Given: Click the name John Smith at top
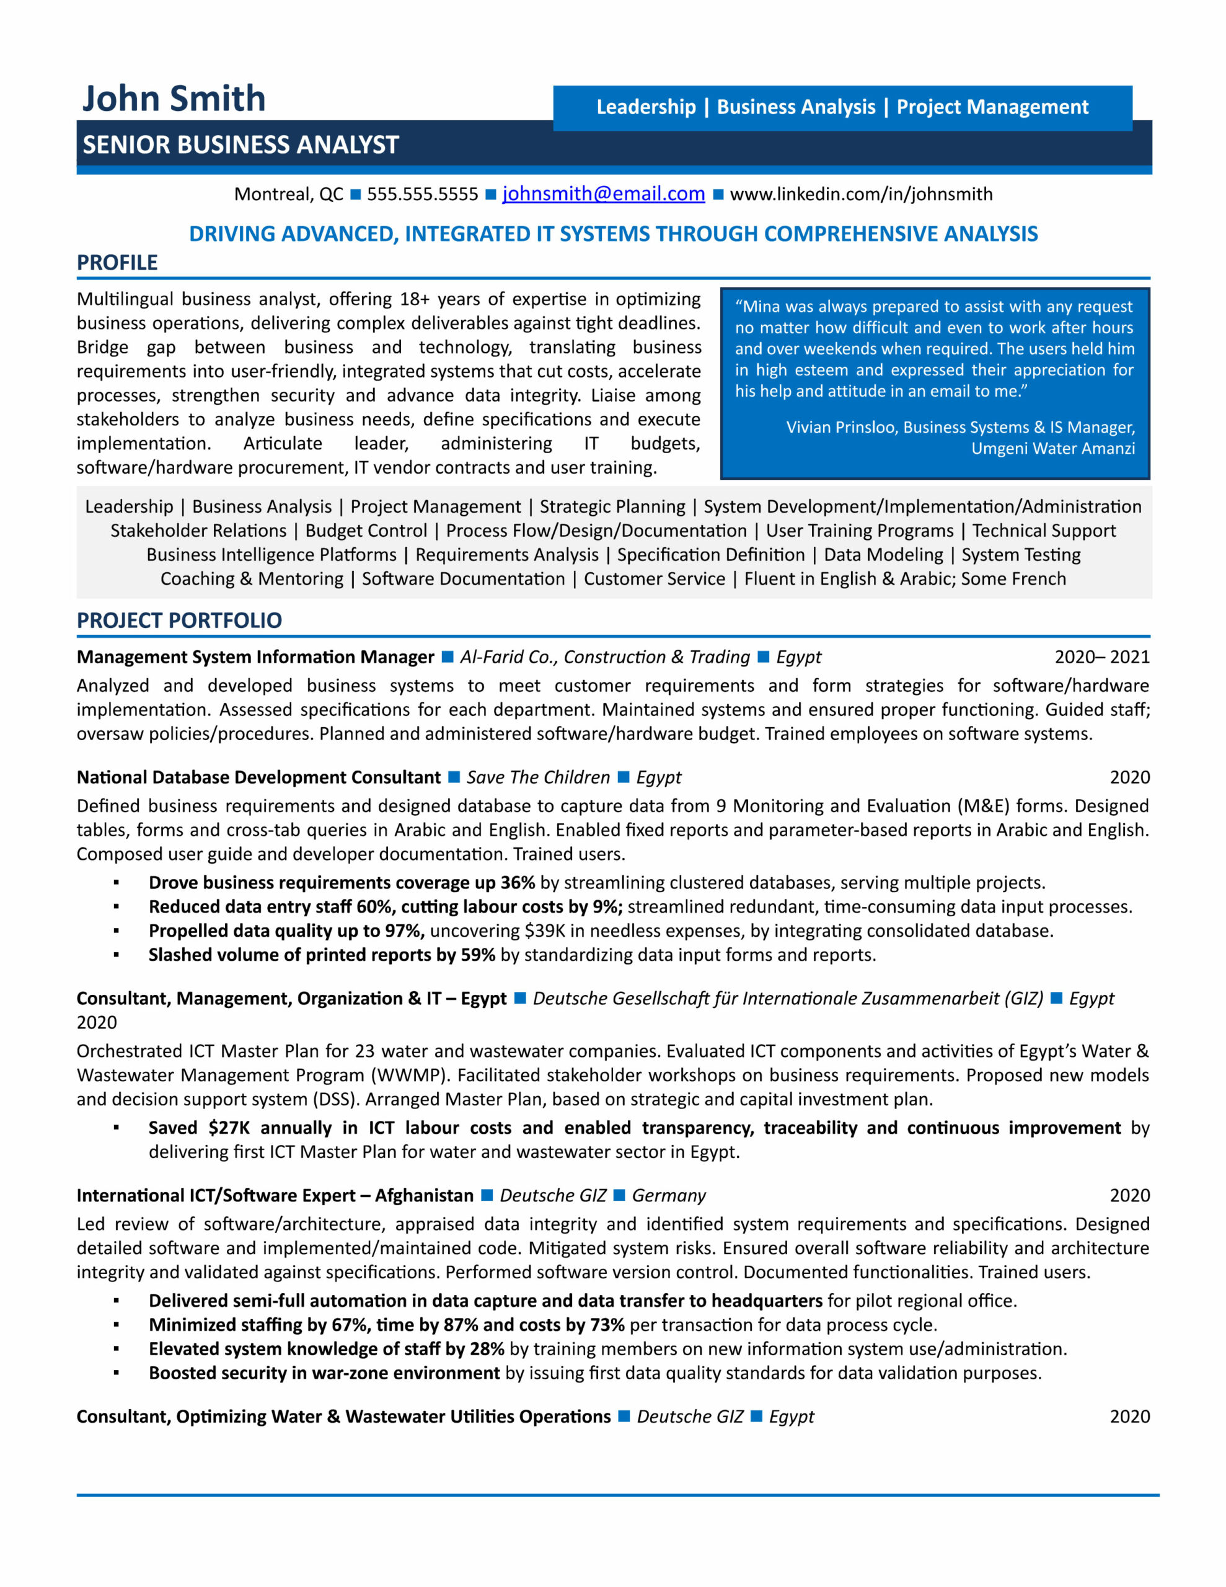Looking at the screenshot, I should tap(174, 98).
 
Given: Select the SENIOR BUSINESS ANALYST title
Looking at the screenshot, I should tap(240, 144).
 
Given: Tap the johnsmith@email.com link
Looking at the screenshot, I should tap(603, 194).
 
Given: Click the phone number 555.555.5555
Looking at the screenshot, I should tap(422, 194).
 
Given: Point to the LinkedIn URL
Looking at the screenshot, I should tap(860, 194).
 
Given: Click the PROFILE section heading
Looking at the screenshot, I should tap(117, 262).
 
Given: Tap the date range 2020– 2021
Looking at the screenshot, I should tap(1102, 657).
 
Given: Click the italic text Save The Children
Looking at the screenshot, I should tap(538, 777).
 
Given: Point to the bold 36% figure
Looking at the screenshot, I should tap(518, 882).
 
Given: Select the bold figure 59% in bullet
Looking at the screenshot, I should tap(477, 954).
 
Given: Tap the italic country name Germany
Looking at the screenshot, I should tap(669, 1195).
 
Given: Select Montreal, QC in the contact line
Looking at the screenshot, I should tap(288, 194).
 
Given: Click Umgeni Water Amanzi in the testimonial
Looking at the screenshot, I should tap(1052, 448).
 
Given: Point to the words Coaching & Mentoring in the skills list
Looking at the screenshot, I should tap(252, 578).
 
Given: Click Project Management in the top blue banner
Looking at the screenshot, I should tap(992, 107).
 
